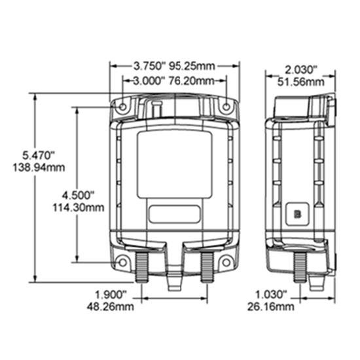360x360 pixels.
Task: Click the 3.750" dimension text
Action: [x=150, y=66]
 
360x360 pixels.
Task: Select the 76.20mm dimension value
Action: [x=191, y=81]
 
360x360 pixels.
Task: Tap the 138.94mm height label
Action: [x=39, y=168]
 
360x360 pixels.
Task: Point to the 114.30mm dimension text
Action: [x=79, y=207]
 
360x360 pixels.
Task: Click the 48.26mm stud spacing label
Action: [x=110, y=306]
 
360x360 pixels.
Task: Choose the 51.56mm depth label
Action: [x=301, y=82]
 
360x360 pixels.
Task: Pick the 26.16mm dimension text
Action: [x=271, y=306]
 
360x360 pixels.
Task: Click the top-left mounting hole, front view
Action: [x=123, y=107]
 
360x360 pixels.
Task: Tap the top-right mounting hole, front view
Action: [x=226, y=107]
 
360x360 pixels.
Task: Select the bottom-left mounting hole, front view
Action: [x=122, y=262]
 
